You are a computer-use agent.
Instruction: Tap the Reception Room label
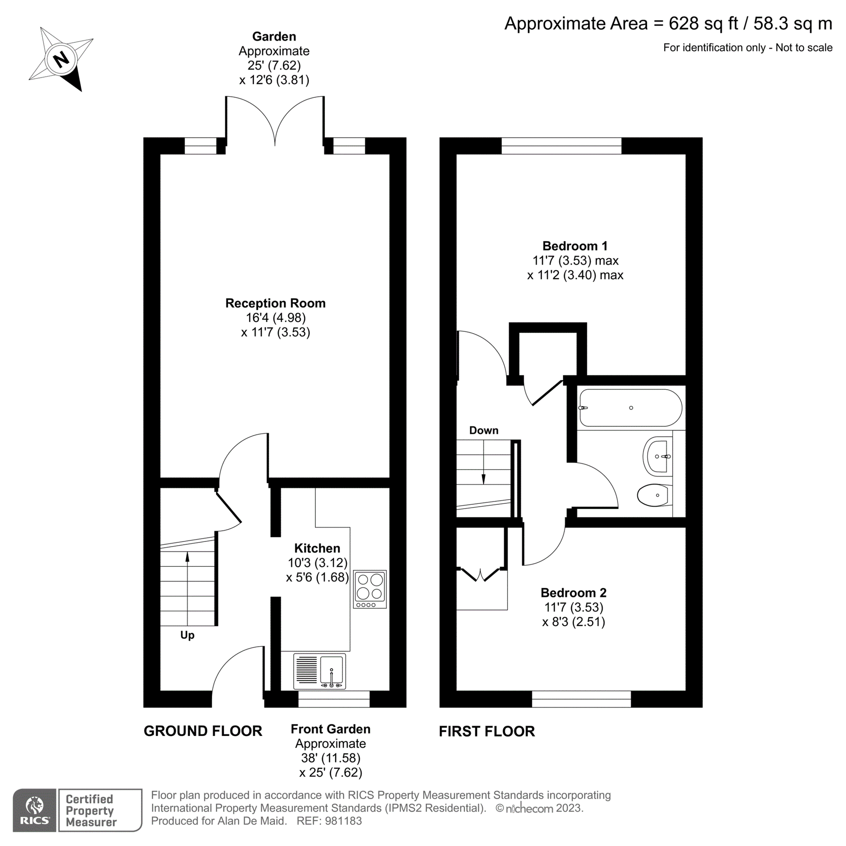click(275, 303)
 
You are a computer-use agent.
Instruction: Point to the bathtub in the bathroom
click(630, 407)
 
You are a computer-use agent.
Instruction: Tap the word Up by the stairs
click(187, 635)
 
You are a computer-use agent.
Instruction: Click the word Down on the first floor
click(484, 431)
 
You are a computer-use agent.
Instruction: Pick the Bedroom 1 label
click(575, 246)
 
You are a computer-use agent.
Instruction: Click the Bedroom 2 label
click(573, 593)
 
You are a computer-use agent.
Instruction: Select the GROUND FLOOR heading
click(203, 731)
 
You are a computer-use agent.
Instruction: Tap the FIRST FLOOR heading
click(486, 731)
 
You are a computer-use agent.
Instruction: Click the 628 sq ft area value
click(703, 23)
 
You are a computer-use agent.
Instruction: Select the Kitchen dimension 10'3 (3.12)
click(318, 563)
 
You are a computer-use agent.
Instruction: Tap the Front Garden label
click(330, 729)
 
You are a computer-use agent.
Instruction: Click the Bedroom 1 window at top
click(561, 146)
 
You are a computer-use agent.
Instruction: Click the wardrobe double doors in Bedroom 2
click(481, 575)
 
